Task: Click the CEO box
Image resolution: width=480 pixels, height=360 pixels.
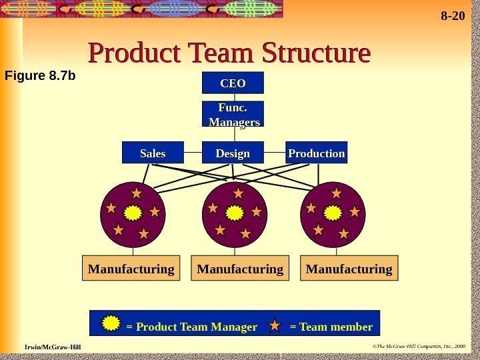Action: click(233, 83)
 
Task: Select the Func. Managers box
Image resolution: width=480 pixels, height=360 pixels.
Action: click(233, 114)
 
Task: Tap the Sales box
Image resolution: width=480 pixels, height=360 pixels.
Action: click(153, 153)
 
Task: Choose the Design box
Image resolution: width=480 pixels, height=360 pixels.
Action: click(233, 153)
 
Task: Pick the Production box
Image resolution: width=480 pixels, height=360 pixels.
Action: click(317, 153)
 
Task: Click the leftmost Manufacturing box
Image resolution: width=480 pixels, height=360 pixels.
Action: click(131, 269)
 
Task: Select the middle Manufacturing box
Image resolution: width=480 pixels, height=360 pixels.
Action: click(241, 269)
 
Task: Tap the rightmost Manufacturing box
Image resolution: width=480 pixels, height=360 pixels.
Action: click(350, 269)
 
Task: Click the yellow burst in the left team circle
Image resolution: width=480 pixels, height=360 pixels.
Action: click(133, 213)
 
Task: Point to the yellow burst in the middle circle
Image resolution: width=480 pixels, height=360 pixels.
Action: click(235, 213)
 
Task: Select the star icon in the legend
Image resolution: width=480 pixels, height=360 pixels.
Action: click(275, 326)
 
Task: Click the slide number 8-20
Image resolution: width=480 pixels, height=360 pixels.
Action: click(453, 15)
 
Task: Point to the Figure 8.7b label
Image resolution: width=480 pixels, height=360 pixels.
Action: click(40, 76)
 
